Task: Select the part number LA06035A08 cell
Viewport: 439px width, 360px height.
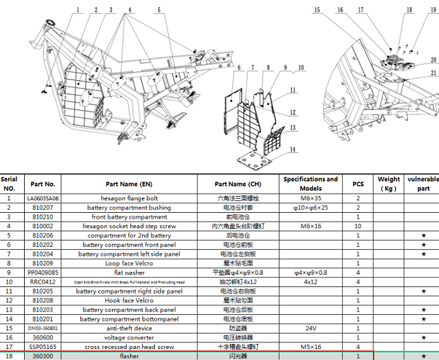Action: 44,197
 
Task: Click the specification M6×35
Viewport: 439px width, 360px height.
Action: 310,197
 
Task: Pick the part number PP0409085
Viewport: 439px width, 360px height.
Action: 44,271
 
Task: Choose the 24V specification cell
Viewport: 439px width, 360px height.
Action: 310,328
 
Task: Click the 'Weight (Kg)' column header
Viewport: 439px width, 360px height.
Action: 389,184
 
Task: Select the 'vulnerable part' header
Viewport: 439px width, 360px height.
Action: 422,184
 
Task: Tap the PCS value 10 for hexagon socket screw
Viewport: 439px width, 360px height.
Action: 358,226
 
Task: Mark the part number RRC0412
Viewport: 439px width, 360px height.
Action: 44,281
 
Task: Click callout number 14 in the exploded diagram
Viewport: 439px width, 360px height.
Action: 292,149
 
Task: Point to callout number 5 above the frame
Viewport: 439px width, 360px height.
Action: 158,10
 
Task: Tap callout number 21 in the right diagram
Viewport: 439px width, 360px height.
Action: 432,73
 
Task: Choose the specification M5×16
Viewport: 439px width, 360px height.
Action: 310,347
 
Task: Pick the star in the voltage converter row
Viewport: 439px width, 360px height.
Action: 422,337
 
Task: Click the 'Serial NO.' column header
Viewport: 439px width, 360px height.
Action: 9,184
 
